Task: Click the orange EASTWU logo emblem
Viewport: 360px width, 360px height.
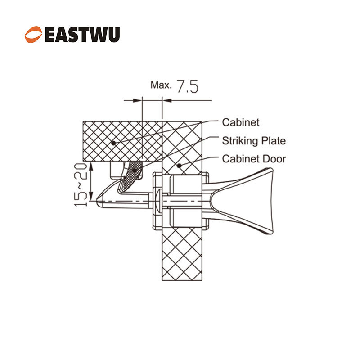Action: (x=33, y=35)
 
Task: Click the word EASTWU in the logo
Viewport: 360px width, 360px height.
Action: (x=82, y=35)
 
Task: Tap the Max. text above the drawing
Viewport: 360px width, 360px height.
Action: (x=161, y=85)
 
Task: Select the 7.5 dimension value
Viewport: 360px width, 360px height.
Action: (x=188, y=86)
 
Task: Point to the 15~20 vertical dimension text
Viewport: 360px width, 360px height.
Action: (x=81, y=185)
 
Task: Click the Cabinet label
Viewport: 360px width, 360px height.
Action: (x=241, y=122)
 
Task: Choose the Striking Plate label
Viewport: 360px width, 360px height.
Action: (x=254, y=141)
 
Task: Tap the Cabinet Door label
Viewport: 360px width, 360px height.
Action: (x=254, y=159)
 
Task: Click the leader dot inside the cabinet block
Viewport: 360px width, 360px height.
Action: (x=113, y=143)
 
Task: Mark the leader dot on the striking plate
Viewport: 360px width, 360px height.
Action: (x=134, y=171)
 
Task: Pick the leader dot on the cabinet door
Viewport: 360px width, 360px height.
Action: (x=179, y=166)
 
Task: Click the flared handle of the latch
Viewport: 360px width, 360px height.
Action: (x=243, y=201)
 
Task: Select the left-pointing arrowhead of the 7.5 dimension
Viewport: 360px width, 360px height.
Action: (x=167, y=100)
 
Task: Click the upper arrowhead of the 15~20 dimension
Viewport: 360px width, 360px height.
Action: (x=91, y=166)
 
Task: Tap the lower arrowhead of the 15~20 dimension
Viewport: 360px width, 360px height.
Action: (x=91, y=197)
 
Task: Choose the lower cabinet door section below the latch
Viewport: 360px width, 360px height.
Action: (x=182, y=254)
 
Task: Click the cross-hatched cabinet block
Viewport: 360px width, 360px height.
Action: (x=122, y=141)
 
